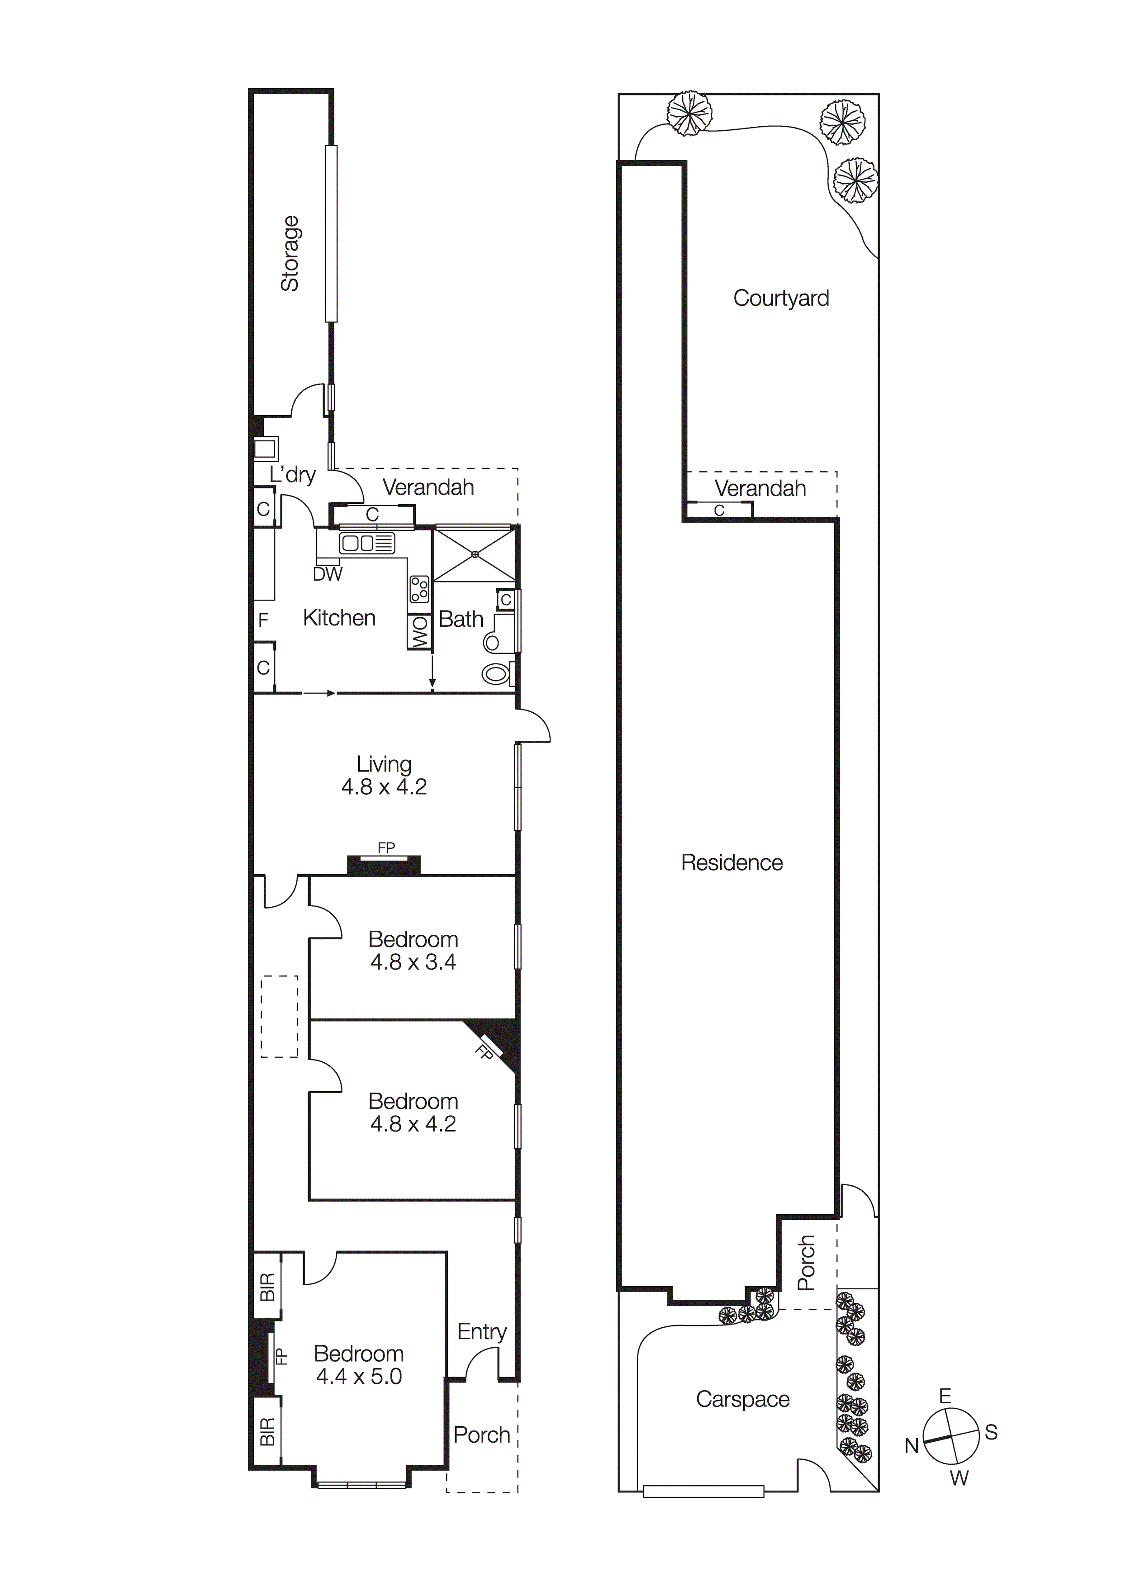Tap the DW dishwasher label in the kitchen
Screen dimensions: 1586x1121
(328, 574)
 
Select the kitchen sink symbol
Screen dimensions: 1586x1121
(366, 543)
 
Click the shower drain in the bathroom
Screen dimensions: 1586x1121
(475, 554)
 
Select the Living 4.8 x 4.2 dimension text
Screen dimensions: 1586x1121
(384, 787)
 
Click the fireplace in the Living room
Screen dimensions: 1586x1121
(384, 864)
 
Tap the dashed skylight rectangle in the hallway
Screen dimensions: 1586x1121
(279, 1016)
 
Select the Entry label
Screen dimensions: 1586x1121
(482, 1331)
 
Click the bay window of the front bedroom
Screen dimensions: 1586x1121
(360, 1483)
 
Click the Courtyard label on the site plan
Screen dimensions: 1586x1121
(781, 298)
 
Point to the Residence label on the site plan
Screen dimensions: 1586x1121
(732, 863)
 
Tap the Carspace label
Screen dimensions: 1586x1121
(742, 1399)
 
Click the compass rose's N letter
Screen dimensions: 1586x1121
(912, 1446)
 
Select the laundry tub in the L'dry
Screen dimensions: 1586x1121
(266, 449)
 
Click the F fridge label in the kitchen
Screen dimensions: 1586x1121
(263, 620)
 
